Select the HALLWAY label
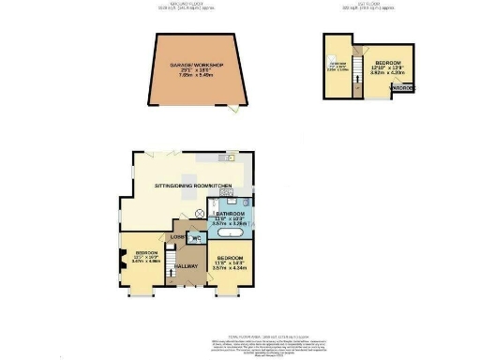point(186,265)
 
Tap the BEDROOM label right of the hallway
point(230,257)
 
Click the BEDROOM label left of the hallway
point(144,253)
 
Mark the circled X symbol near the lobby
point(200,213)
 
